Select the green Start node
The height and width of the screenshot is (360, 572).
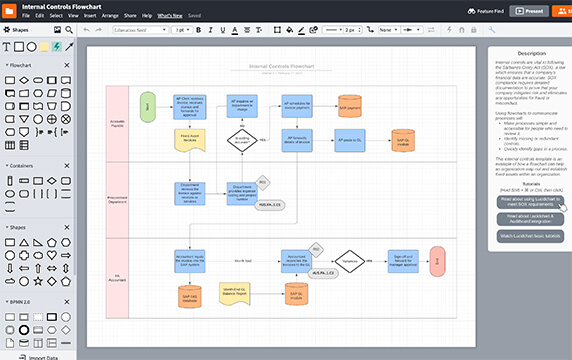148,106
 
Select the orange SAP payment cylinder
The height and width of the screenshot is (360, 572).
349,107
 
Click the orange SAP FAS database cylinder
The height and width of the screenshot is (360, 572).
189,294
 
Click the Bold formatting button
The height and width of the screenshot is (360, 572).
198,30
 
